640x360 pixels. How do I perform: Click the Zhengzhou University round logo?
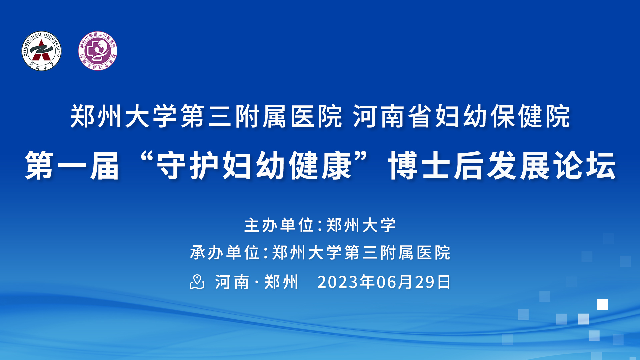tap(41, 51)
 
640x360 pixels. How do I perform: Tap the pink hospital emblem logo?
tap(98, 51)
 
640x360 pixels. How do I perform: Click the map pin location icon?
tap(197, 282)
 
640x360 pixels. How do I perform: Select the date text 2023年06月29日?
tap(384, 282)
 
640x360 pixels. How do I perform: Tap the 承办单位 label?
tap(225, 252)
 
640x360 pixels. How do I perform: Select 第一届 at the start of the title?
tap(72, 166)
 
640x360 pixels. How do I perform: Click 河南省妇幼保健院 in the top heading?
tap(462, 116)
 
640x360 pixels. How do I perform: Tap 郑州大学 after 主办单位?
tap(361, 225)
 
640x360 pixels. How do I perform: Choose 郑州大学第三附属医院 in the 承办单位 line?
tap(361, 252)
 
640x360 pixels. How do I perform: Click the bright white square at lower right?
tap(602, 305)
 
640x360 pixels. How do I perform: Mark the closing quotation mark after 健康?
tap(361, 157)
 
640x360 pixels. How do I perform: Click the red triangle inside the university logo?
tap(41, 50)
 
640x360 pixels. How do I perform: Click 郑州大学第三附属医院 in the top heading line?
tap(206, 116)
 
